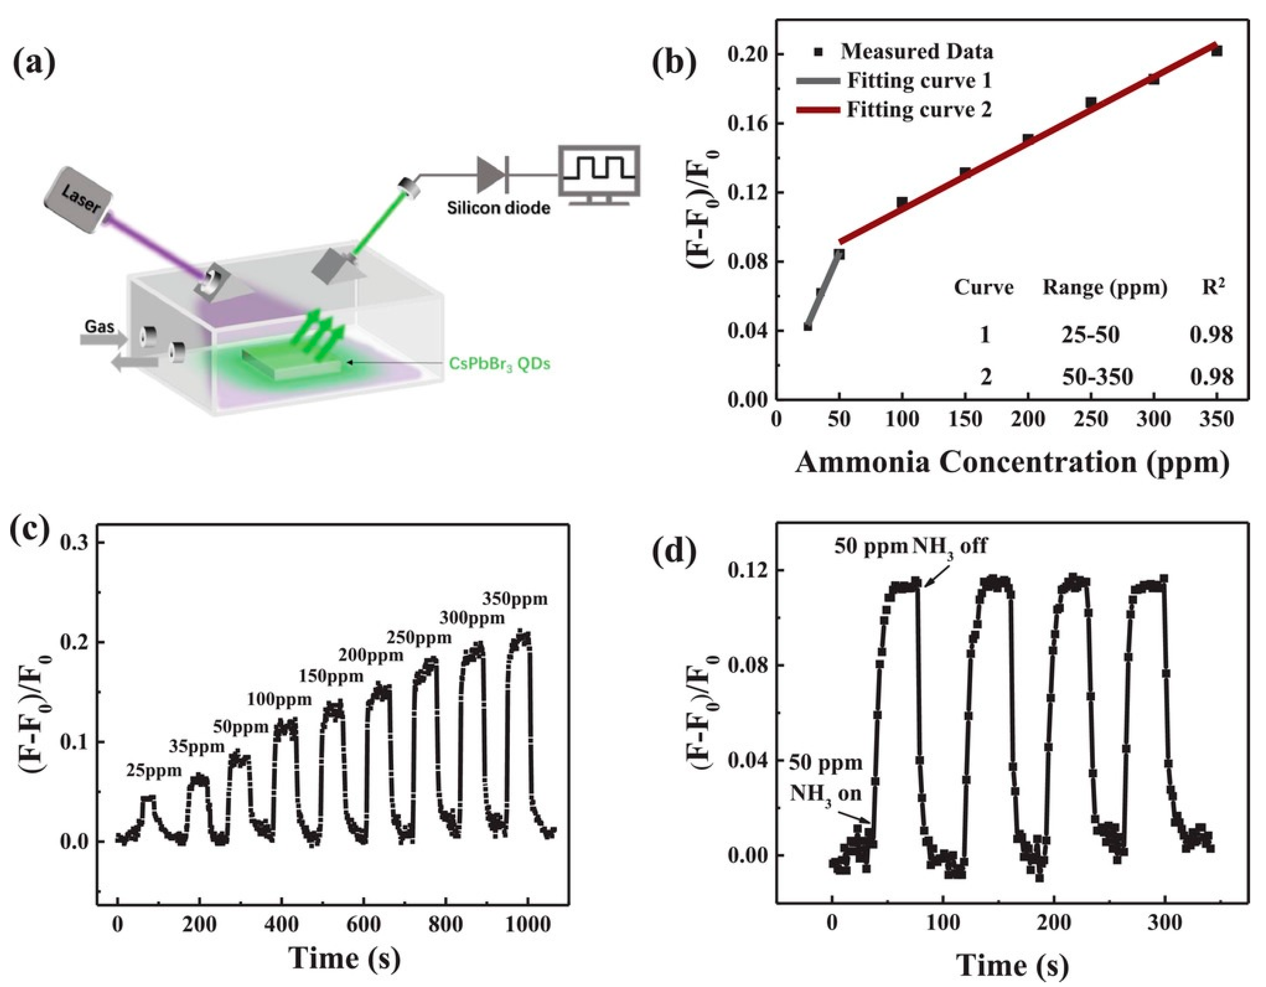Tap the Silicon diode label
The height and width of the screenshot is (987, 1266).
[x=498, y=208]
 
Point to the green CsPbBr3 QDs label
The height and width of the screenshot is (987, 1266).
[x=499, y=364]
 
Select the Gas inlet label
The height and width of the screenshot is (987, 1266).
[x=99, y=326]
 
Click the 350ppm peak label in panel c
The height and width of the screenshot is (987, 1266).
[x=515, y=599]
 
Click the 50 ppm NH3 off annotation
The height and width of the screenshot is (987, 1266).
[x=910, y=546]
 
